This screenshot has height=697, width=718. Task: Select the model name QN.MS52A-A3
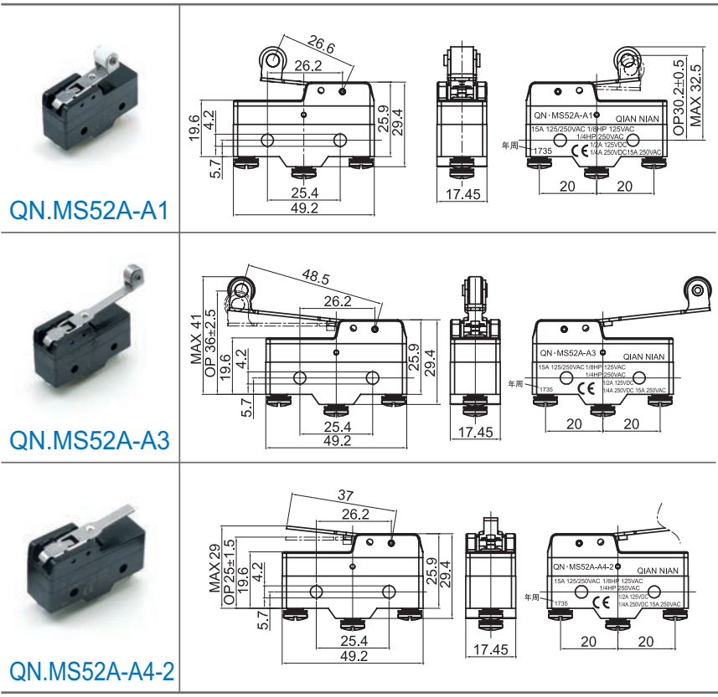tap(90, 439)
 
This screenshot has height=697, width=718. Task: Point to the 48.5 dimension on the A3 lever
tap(315, 277)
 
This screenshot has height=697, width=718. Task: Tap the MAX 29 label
tap(214, 569)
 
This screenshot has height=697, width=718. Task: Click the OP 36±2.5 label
tap(210, 343)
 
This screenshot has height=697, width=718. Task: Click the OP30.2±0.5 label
tap(679, 94)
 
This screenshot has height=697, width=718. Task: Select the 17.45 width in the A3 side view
tap(474, 433)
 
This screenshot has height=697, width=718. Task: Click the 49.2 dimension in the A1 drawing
tap(303, 208)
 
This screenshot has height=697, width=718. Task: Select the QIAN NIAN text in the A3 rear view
tap(644, 356)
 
